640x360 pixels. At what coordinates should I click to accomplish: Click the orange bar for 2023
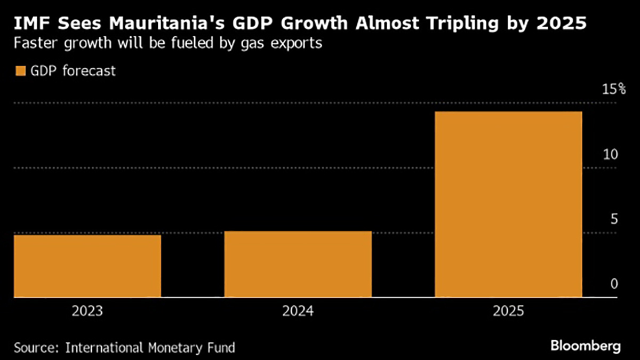(x=87, y=266)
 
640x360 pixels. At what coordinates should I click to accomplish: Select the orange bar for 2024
(x=298, y=264)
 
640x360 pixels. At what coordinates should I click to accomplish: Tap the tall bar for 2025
(x=508, y=204)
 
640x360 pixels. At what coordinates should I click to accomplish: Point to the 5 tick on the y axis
(x=613, y=219)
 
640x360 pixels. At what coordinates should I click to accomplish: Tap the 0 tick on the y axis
(x=614, y=284)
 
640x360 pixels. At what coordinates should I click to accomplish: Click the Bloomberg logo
(x=586, y=346)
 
